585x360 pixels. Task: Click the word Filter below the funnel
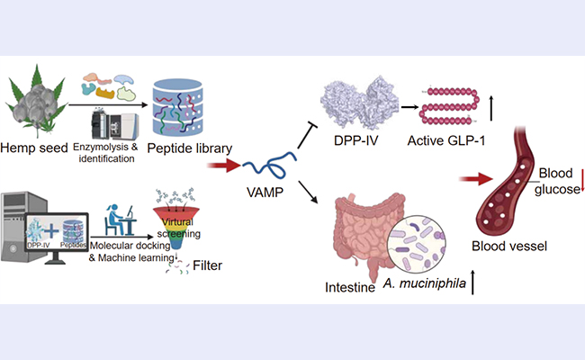220,267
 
